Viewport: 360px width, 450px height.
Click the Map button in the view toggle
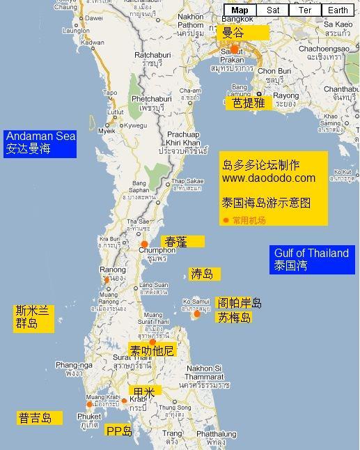pos(240,10)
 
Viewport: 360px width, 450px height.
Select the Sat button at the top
pos(273,10)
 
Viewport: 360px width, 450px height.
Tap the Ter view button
pos(304,10)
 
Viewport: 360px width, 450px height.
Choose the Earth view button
pos(338,10)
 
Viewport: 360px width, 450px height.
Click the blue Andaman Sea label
pos(40,142)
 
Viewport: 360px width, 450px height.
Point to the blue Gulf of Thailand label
pos(311,259)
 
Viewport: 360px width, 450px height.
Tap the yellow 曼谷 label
pos(241,32)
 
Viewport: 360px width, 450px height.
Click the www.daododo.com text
pos(268,178)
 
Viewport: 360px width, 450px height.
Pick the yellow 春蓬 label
pos(182,241)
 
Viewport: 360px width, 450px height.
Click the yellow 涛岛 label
pos(202,274)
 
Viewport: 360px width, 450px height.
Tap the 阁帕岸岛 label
pos(238,303)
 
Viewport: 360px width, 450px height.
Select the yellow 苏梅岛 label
pos(234,318)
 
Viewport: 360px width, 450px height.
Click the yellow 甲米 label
pos(144,392)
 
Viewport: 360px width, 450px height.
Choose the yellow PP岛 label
pos(119,431)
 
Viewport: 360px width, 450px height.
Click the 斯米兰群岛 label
pos(31,318)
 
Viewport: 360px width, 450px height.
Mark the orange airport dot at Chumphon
pos(145,244)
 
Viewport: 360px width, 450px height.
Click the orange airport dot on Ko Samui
pos(197,314)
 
